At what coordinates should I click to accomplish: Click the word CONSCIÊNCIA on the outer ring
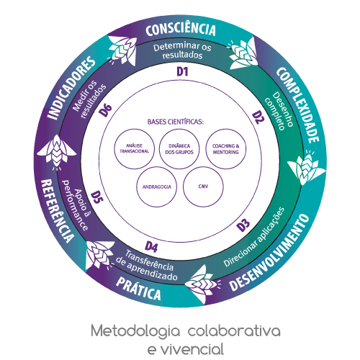(181, 29)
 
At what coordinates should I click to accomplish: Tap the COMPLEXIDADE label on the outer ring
(298, 104)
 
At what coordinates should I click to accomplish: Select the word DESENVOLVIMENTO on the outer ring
(269, 253)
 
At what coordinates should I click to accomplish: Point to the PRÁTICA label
(138, 289)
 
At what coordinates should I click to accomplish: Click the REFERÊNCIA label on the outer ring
(57, 211)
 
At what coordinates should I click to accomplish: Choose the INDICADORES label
(71, 87)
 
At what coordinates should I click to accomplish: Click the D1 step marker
(182, 71)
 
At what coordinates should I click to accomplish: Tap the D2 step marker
(258, 117)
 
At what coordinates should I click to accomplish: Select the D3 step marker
(243, 225)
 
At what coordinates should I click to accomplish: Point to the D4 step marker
(151, 247)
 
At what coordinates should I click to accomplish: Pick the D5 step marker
(97, 197)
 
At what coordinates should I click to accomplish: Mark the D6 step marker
(106, 110)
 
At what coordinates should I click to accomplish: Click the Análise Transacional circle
(135, 149)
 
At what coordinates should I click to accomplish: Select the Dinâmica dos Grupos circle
(179, 149)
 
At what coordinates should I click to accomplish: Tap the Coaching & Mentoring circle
(226, 149)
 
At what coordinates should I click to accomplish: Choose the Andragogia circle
(157, 186)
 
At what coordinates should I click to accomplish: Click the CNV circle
(203, 186)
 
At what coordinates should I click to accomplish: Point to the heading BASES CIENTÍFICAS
(176, 122)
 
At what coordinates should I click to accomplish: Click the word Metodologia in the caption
(135, 330)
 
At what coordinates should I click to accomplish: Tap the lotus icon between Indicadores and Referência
(57, 152)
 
